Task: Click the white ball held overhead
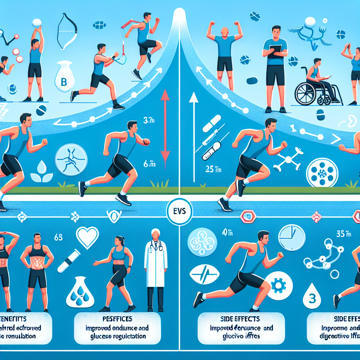(36, 22)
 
